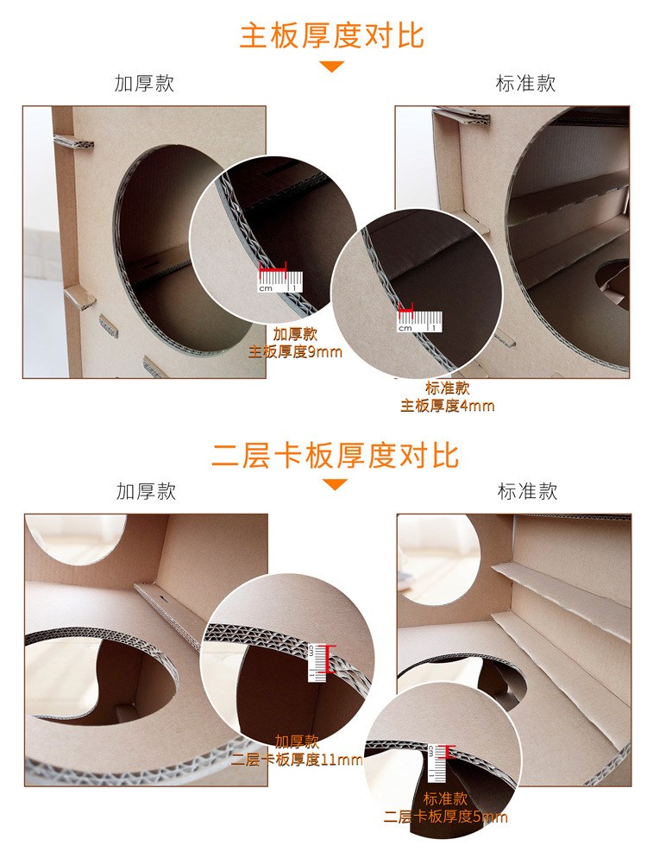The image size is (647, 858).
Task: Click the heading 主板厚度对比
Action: coord(332,36)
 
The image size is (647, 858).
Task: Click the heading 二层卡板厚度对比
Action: coord(335,455)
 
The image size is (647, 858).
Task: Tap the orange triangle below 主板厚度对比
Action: coord(332,66)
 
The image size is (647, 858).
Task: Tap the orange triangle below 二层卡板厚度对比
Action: coord(335,484)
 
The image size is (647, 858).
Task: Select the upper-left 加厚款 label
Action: coord(144,84)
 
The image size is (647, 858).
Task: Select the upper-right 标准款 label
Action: coord(525,84)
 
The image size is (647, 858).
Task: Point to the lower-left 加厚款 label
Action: coord(146,491)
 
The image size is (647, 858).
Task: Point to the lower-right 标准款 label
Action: coord(527,491)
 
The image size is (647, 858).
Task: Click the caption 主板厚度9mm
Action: coord(295,351)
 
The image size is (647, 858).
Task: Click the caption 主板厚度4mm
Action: coord(448,406)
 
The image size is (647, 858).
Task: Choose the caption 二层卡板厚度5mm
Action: coord(446,817)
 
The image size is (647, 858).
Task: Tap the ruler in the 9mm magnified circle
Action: coord(280,281)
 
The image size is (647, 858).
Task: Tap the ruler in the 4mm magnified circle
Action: coord(419,322)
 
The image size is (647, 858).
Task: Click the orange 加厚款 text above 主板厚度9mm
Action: coord(295,334)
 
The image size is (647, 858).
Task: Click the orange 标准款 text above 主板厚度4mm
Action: coord(448,388)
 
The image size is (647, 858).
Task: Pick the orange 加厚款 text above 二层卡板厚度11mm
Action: coord(297,741)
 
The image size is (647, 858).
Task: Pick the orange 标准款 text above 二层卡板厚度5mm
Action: coord(446,798)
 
